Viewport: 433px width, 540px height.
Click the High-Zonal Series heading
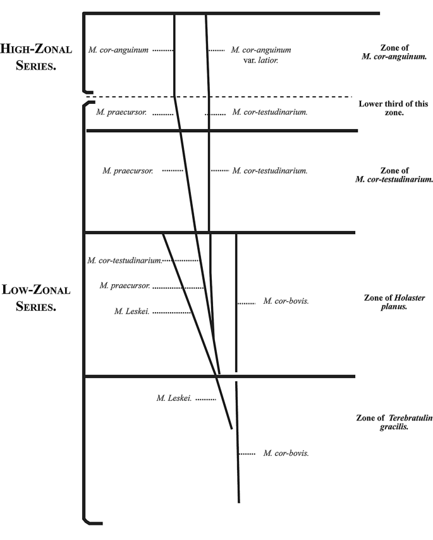[x=36, y=57]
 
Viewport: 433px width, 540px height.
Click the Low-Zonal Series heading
[x=36, y=298]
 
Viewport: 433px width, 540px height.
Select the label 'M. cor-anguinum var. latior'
[x=261, y=54]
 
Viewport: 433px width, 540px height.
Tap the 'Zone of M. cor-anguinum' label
[x=394, y=52]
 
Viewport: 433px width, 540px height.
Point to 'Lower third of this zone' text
[x=393, y=108]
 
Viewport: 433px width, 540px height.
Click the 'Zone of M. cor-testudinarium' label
[x=394, y=175]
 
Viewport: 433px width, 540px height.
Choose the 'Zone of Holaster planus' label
[x=394, y=302]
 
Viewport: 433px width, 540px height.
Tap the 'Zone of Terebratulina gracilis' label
[x=394, y=422]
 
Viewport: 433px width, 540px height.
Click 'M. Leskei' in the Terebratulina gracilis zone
[x=174, y=398]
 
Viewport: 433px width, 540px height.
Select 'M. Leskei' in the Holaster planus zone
[x=132, y=311]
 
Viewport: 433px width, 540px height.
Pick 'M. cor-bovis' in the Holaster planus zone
[x=286, y=301]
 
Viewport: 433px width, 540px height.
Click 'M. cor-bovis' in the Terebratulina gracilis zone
[x=286, y=453]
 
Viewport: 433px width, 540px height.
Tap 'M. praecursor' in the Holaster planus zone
[x=125, y=286]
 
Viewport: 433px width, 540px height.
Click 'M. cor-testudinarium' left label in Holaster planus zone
[x=125, y=260]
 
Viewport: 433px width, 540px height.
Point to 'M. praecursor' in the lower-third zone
[x=121, y=112]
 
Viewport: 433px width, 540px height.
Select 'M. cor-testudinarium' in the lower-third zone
[x=270, y=112]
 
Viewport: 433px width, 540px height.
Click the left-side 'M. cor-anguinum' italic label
[x=118, y=50]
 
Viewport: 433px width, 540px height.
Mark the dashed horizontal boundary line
[x=219, y=97]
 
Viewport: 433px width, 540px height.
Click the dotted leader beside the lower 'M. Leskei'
[x=205, y=399]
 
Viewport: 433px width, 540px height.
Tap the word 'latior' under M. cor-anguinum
[x=268, y=60]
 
